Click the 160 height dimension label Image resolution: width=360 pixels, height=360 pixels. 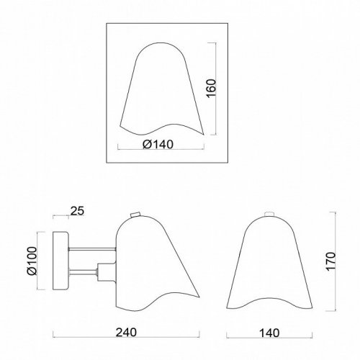(x=211, y=89)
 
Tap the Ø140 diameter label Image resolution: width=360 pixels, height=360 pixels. (x=158, y=145)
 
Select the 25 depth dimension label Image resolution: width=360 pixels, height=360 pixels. (x=77, y=211)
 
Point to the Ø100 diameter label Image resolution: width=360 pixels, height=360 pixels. (x=32, y=261)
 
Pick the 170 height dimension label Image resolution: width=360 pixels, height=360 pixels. (x=330, y=261)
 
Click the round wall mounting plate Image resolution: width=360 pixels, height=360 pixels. (x=61, y=261)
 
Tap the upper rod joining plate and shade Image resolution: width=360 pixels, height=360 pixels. (x=93, y=249)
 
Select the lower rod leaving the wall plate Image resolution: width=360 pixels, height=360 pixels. (x=83, y=271)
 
